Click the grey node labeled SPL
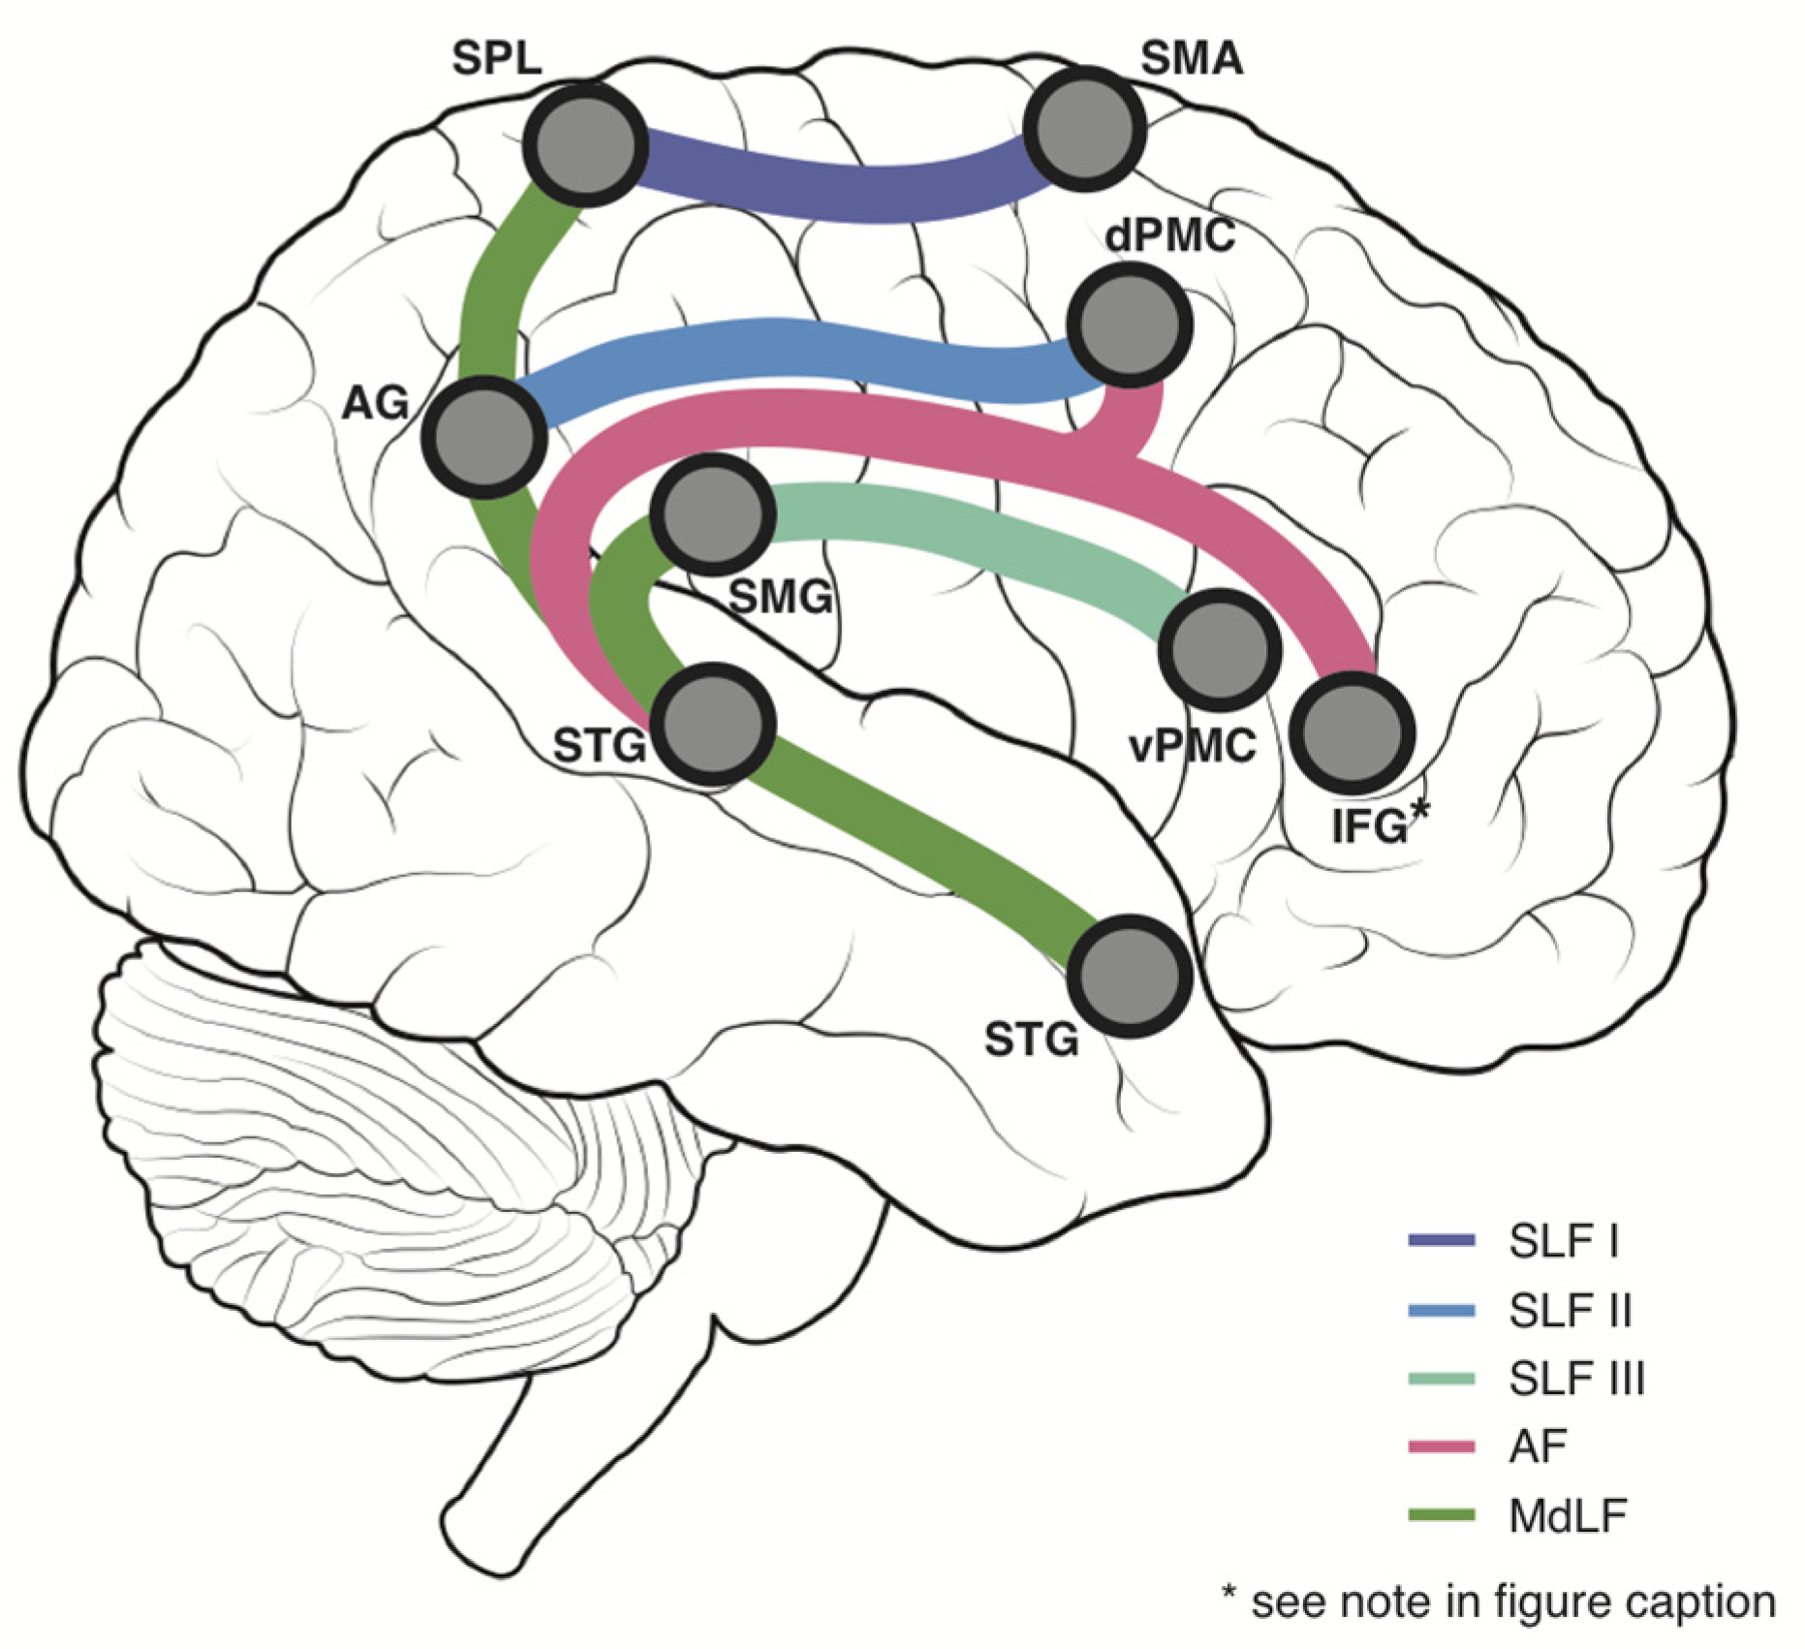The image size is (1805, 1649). (585, 143)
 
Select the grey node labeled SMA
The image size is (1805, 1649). (1084, 129)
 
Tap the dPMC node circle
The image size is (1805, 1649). (1129, 327)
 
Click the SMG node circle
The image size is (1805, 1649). (713, 513)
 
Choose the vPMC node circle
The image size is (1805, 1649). (1219, 649)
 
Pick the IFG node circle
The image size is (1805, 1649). (1353, 732)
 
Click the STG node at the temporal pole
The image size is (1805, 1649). (1129, 976)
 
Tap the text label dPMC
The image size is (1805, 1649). (1169, 235)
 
